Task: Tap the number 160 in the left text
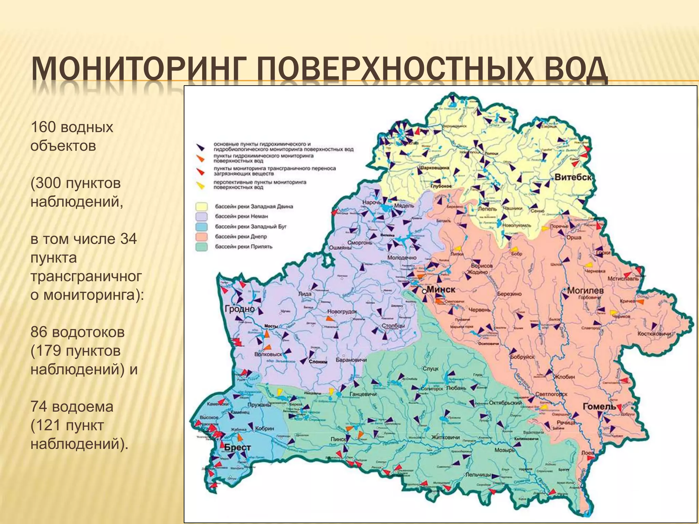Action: point(43,127)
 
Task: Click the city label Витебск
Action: point(573,177)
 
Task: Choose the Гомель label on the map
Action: point(599,407)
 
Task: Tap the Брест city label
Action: point(238,448)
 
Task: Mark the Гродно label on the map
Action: point(240,309)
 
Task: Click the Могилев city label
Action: point(585,291)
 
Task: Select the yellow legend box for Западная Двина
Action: point(201,207)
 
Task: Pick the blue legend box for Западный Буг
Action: point(201,227)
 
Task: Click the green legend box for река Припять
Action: point(201,247)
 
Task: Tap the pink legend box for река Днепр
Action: point(201,237)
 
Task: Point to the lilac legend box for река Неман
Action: point(201,217)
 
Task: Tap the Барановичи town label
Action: point(351,360)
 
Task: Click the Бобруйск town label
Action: point(522,357)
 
